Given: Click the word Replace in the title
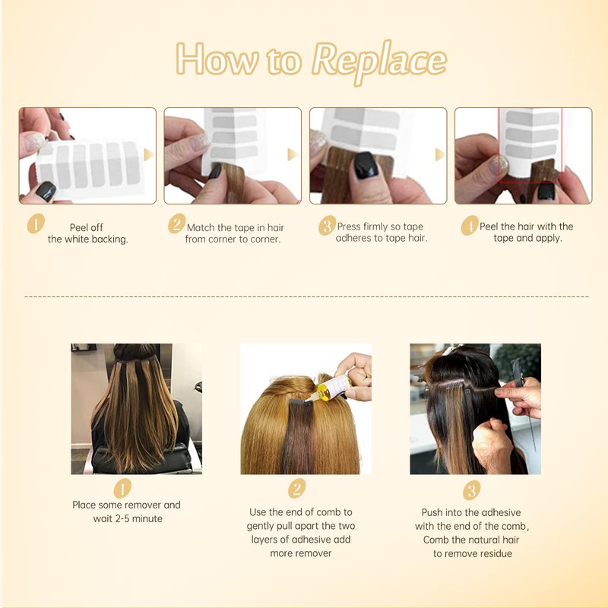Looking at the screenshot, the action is [379, 62].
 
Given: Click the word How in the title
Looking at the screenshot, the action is [217, 59].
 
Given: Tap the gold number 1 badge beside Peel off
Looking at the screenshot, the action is [36, 223].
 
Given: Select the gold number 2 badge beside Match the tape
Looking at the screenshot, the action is [177, 223].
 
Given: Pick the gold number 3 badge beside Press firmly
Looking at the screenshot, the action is [328, 225].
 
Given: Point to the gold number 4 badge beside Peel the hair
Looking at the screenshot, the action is [470, 225].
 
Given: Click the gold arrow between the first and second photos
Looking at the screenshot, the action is [149, 154].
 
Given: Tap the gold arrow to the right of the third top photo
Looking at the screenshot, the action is [440, 154].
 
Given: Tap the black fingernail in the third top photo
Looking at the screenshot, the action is [365, 165].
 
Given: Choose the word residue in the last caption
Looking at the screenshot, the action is [494, 553].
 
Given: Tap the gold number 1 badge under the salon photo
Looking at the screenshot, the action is [122, 488].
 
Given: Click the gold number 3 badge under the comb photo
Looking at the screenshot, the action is [471, 490].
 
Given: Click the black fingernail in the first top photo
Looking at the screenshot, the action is [46, 191].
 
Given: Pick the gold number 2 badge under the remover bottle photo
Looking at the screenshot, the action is [297, 488].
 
